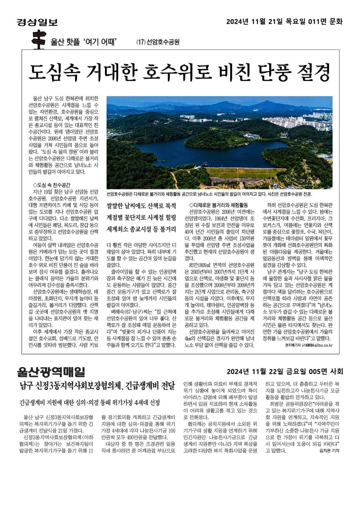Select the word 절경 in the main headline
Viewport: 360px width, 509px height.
click(312, 71)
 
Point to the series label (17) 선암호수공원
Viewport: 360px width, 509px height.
click(157, 43)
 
